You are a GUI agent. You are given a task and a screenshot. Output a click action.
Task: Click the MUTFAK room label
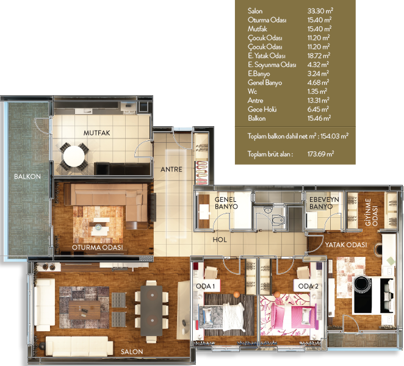[x=96, y=133]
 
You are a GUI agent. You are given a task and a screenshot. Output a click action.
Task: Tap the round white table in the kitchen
[x=74, y=156]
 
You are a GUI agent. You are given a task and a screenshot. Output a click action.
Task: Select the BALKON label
[x=27, y=176]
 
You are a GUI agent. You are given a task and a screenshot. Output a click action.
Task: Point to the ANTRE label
[x=171, y=169]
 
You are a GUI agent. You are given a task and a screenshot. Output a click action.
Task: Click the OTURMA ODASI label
[x=98, y=247]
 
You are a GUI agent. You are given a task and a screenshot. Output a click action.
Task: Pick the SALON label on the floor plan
[x=132, y=351]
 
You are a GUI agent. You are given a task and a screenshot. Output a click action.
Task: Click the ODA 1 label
[x=205, y=286]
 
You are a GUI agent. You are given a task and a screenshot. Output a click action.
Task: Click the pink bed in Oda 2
[x=289, y=315]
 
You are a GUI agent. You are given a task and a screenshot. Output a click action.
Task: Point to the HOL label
[x=220, y=240]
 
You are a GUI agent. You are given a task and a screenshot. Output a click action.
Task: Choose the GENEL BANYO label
[x=226, y=203]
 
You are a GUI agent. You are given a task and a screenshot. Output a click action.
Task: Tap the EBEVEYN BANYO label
[x=324, y=203]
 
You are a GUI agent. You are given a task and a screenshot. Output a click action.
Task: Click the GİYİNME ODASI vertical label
[x=371, y=212]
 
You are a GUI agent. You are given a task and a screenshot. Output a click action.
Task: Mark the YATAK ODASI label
[x=346, y=245]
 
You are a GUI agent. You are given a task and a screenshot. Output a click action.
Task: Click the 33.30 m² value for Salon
[x=320, y=11]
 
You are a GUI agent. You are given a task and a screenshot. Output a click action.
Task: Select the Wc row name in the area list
[x=252, y=91]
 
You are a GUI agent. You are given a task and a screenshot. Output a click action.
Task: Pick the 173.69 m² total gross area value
[x=321, y=154]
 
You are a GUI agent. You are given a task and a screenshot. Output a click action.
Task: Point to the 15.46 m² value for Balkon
[x=319, y=118]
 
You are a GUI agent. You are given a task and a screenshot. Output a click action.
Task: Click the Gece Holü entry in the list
[x=262, y=109]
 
